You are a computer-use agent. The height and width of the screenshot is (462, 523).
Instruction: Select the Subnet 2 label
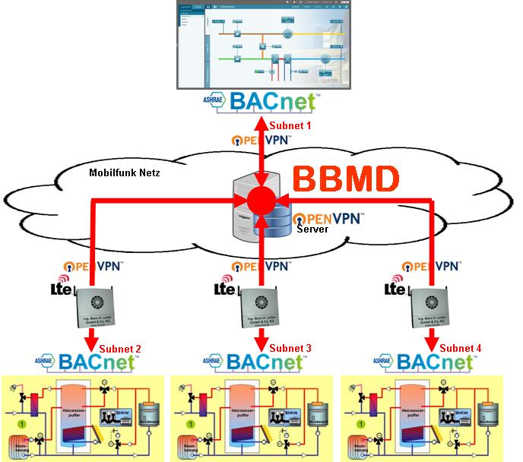coord(120,349)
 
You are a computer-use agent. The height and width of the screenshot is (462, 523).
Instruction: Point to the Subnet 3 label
coord(290,349)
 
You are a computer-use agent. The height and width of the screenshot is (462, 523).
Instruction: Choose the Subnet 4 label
coord(461,349)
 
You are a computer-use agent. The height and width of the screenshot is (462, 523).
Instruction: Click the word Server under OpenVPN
coord(312,227)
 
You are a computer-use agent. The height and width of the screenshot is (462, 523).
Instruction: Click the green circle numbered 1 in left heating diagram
coord(23,421)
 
